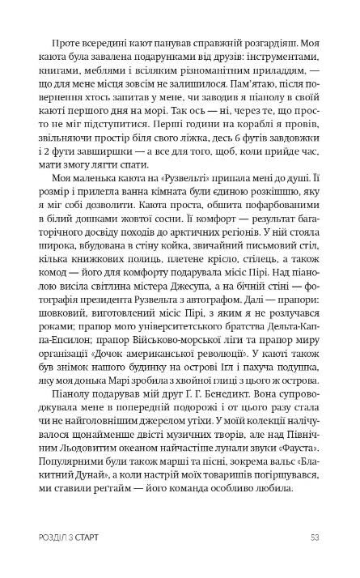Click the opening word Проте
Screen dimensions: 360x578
67,40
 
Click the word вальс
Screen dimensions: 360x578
240,558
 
